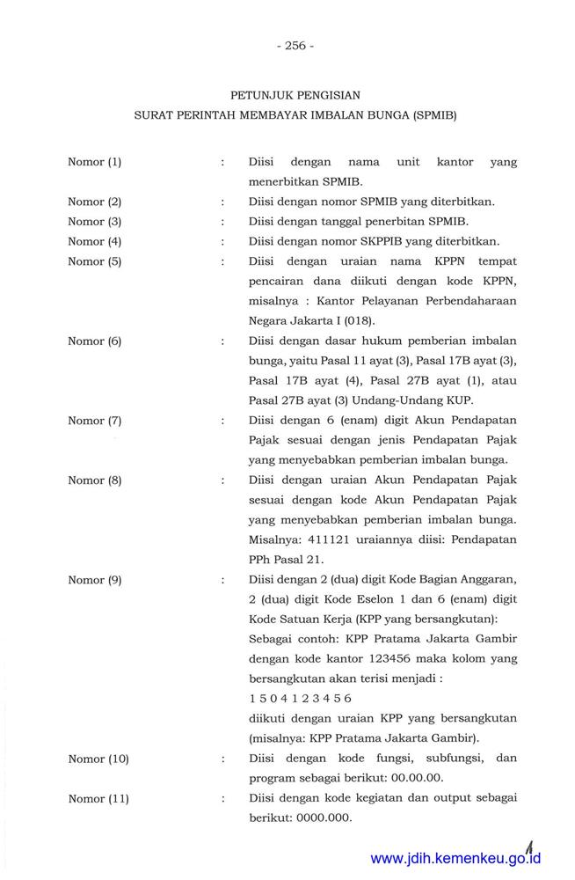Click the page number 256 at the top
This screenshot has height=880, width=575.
coord(295,46)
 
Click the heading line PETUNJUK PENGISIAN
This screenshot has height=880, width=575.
coord(295,93)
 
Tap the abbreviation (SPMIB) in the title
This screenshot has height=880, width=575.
coord(434,115)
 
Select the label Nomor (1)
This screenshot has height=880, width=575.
coord(94,162)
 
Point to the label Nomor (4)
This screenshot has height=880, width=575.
coord(94,241)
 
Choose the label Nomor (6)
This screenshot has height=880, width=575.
coord(94,341)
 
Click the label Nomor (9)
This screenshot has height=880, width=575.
coord(94,578)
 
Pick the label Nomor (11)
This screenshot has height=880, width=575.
coord(98,798)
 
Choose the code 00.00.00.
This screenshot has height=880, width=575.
coord(416,778)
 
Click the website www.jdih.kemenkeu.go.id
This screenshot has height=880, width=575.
coord(455,859)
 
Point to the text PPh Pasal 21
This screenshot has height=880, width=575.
coord(286,558)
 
